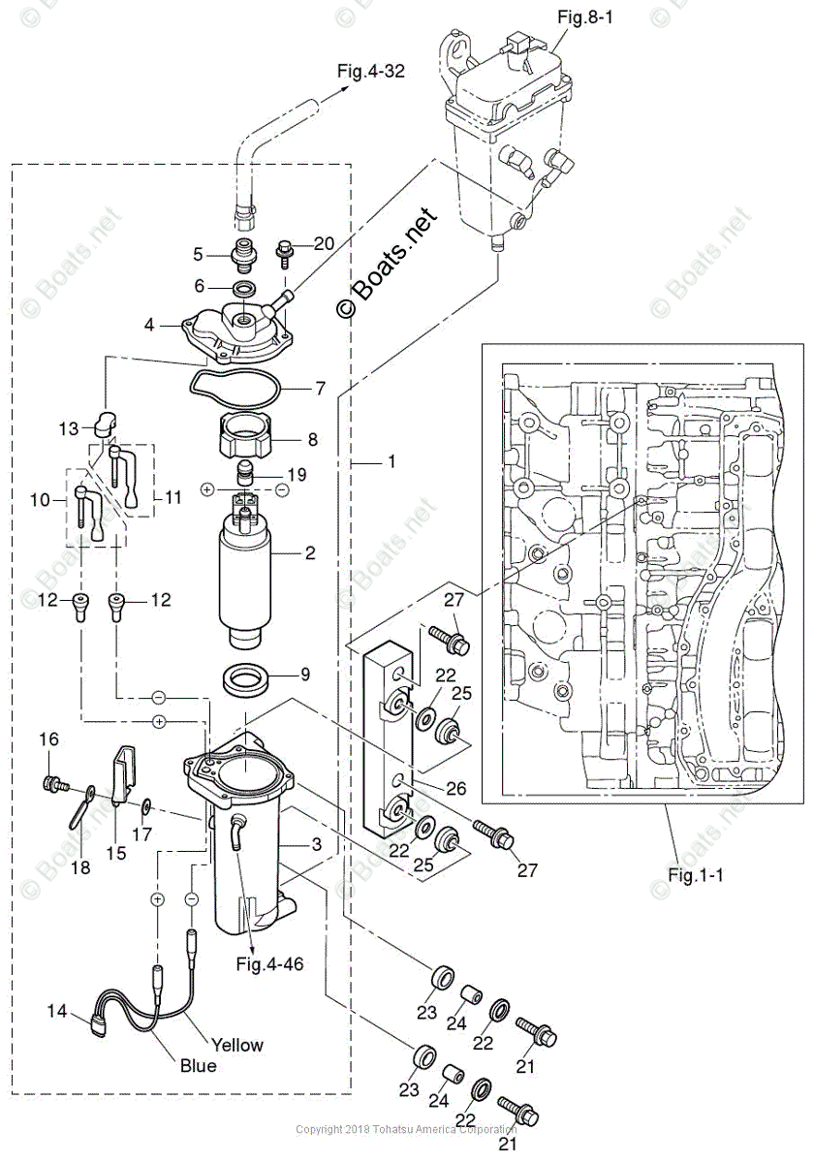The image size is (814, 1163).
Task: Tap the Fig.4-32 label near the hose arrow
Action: [370, 70]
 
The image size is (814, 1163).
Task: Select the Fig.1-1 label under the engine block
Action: [695, 873]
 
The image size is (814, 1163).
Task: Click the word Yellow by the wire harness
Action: [237, 1045]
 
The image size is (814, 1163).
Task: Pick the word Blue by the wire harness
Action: [199, 1065]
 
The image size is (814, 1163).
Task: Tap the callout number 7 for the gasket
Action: [320, 389]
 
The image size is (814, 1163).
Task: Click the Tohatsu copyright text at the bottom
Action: [406, 1129]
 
